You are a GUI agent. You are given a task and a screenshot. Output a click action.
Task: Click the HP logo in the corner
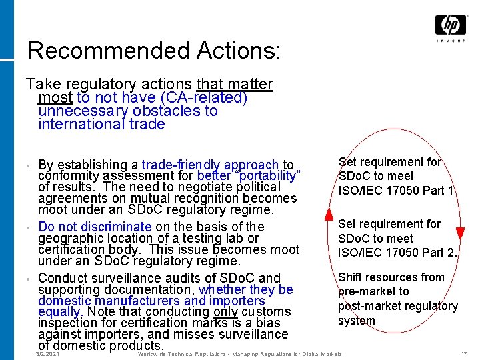(451, 25)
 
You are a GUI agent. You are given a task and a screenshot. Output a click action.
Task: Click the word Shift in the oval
(351, 277)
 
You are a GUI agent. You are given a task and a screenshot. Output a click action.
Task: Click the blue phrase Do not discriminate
(95, 227)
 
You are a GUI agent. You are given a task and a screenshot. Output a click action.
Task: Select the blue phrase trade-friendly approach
(210, 165)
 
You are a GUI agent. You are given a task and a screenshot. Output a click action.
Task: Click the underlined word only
(226, 311)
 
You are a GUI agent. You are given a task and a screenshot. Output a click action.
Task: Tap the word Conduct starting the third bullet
(65, 278)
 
